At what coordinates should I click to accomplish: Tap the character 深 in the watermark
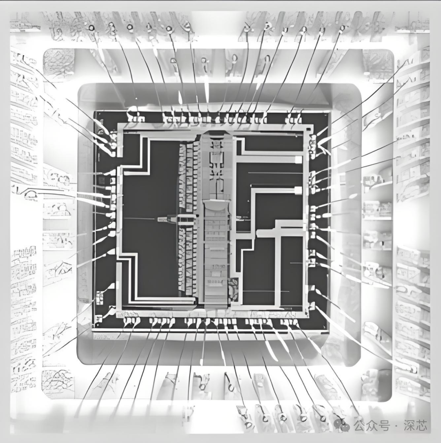coord(408,425)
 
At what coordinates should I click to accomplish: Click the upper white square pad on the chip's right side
coord(298,159)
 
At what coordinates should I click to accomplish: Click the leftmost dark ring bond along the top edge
coord(91,28)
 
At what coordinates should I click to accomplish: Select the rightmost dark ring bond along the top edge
coord(343,28)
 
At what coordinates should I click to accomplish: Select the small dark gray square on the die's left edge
coord(101,180)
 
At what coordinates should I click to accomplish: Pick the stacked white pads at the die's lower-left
coord(99,299)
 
